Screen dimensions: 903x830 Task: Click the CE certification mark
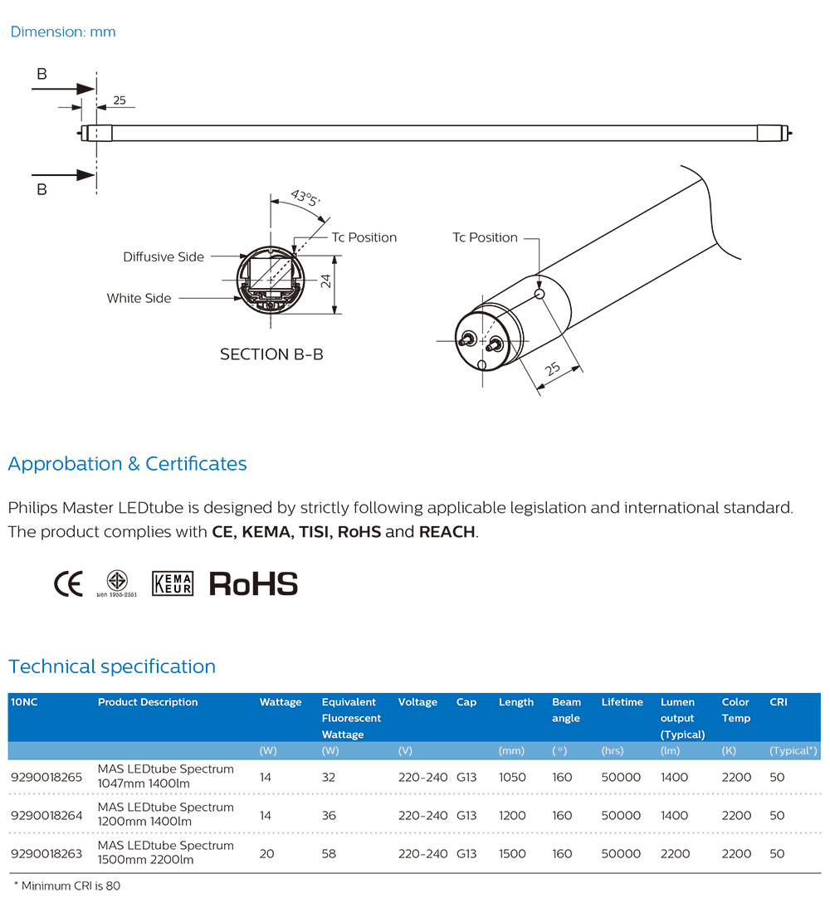(x=68, y=583)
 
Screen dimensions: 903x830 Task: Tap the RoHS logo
(x=253, y=583)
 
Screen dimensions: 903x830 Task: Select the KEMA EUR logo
(x=173, y=583)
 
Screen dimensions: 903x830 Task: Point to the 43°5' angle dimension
(x=304, y=200)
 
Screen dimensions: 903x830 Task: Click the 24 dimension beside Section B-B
(x=327, y=281)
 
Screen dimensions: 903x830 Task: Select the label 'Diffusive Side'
(x=164, y=257)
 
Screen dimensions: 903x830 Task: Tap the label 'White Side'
(x=139, y=298)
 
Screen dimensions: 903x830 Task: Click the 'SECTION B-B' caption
(x=271, y=354)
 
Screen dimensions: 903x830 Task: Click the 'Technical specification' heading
(x=112, y=666)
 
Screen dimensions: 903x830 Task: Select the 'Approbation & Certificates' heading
(x=127, y=464)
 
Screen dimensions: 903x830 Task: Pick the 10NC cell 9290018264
(x=46, y=815)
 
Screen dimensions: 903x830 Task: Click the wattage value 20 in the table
(x=266, y=853)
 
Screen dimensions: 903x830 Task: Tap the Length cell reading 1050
(x=512, y=777)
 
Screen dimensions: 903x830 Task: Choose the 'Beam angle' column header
(x=566, y=710)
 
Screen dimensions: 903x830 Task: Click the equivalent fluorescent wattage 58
(x=329, y=853)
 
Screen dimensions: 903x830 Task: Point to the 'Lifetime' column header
(x=622, y=702)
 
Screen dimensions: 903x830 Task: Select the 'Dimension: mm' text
(x=63, y=32)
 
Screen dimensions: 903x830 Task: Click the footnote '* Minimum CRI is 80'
(x=67, y=886)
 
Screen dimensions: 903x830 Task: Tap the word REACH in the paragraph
(x=447, y=532)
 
